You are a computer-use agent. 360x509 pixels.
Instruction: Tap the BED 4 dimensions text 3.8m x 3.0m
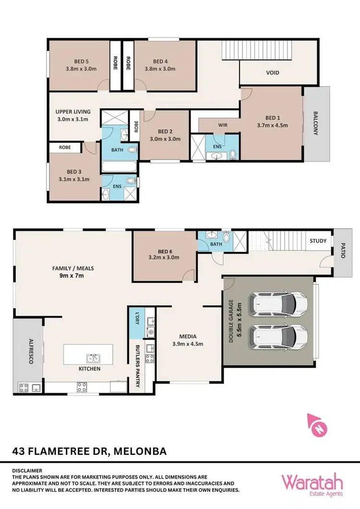(160, 69)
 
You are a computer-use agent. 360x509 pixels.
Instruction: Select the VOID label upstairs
(273, 73)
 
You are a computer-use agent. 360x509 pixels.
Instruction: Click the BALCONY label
(316, 123)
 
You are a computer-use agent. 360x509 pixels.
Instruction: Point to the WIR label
(222, 125)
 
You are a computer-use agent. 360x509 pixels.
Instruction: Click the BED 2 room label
(165, 131)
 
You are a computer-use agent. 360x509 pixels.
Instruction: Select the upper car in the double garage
(278, 302)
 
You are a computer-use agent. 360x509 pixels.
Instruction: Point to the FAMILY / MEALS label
(73, 268)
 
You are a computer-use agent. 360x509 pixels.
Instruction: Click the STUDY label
(318, 241)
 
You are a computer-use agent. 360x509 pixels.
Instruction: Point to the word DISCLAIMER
(27, 471)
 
